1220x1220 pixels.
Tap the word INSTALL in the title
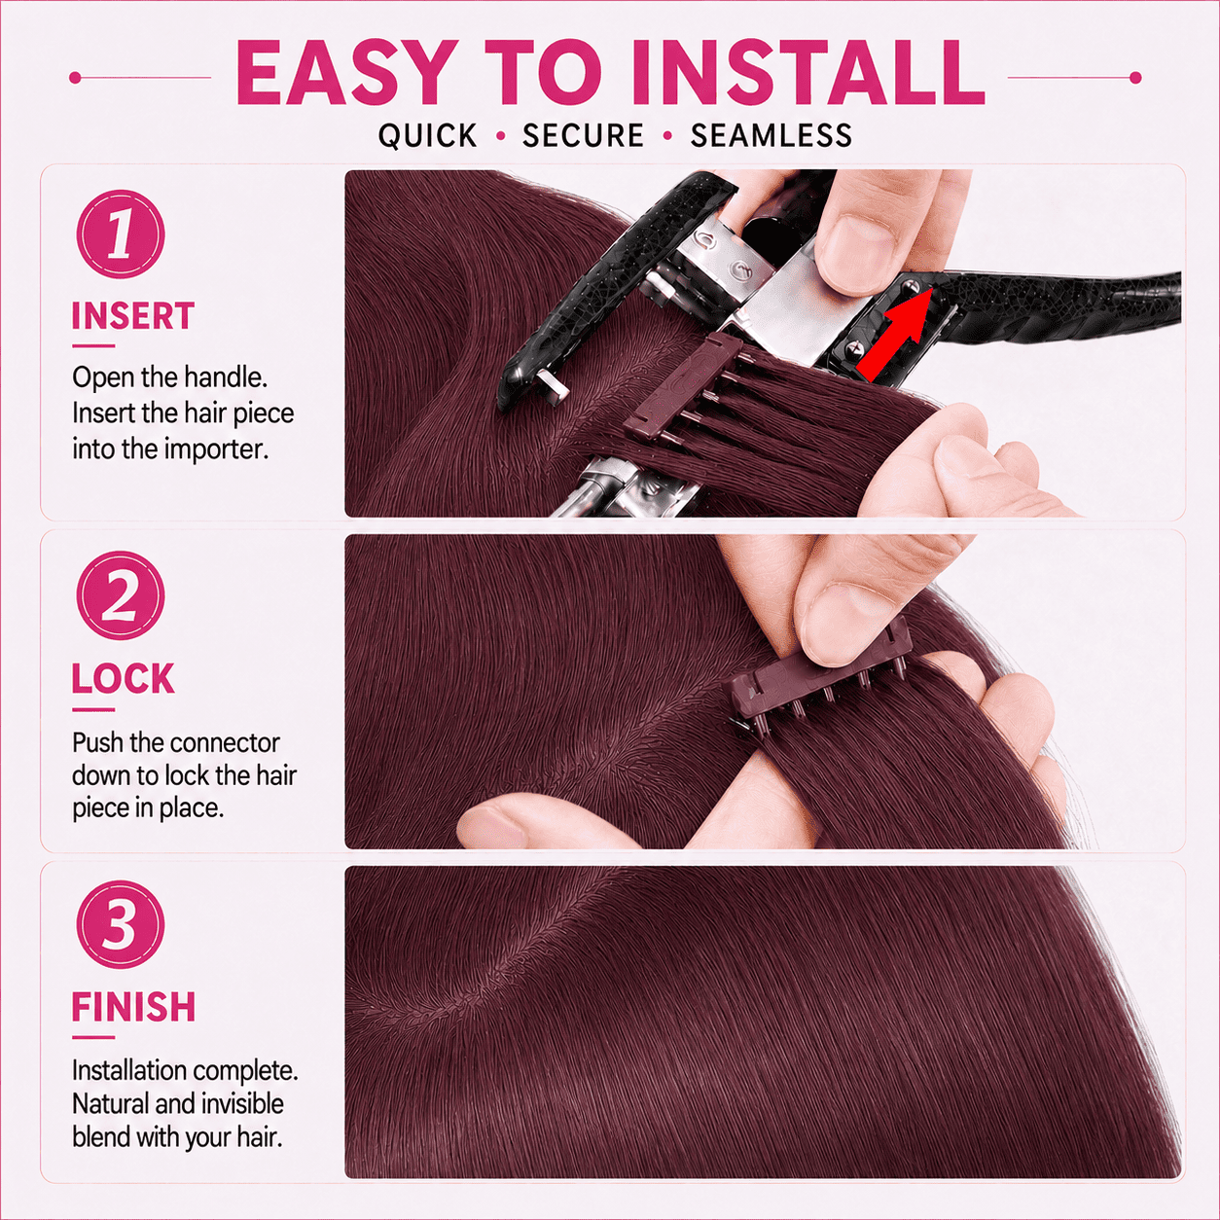(x=807, y=73)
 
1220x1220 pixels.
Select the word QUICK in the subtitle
(x=427, y=136)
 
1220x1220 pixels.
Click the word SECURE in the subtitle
(x=583, y=135)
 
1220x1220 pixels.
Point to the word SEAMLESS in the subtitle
(x=771, y=135)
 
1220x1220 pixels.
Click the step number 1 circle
(x=121, y=234)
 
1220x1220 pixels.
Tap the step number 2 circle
(x=121, y=595)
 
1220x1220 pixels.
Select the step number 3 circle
(x=121, y=924)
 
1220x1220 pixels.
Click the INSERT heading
(x=133, y=316)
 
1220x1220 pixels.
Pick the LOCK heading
(x=123, y=679)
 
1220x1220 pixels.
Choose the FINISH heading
(x=133, y=1007)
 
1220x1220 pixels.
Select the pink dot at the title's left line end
(x=75, y=78)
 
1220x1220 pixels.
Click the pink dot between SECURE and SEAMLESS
(x=666, y=135)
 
